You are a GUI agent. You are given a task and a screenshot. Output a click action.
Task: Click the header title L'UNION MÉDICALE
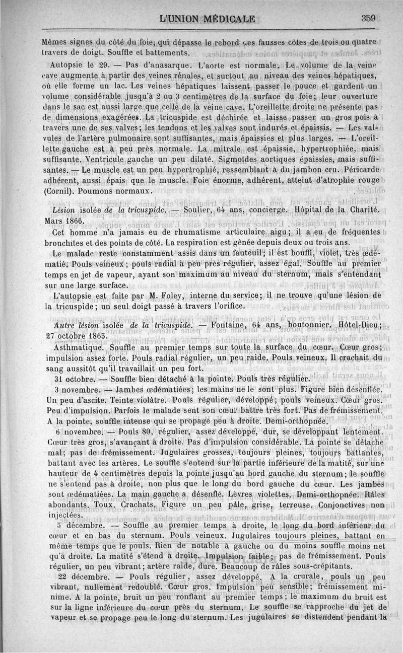(x=207, y=20)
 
